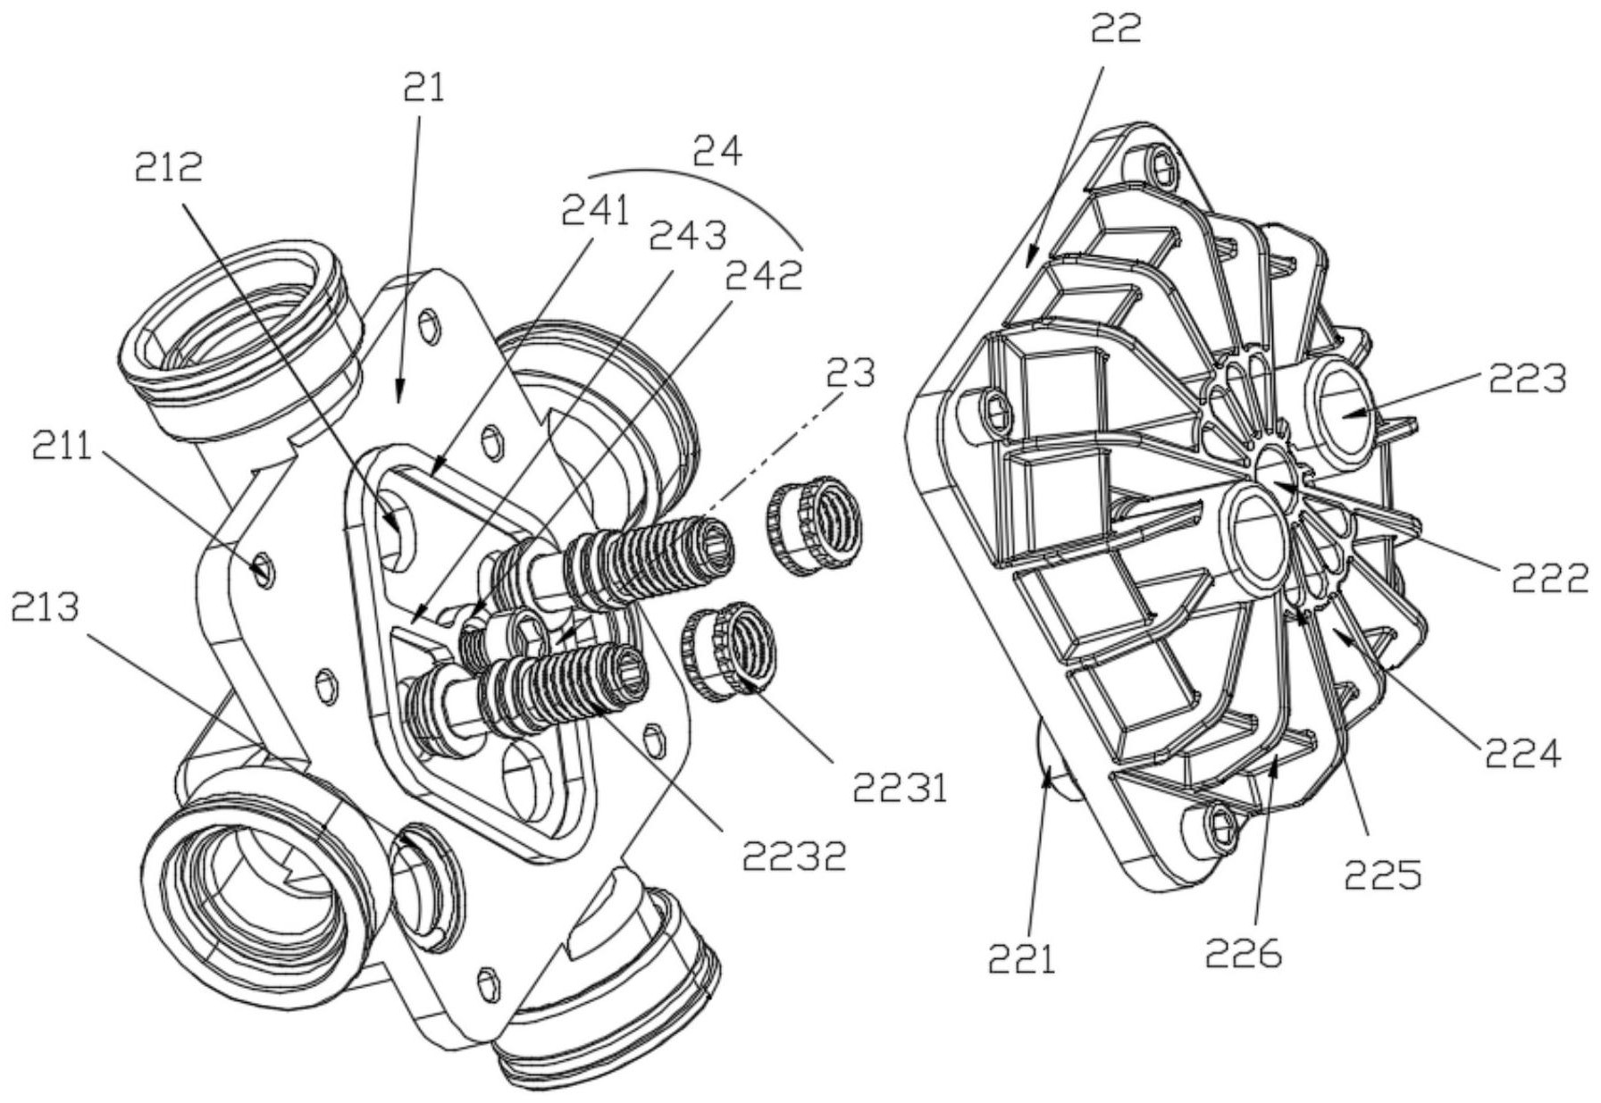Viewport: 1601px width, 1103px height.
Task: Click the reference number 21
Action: (x=424, y=88)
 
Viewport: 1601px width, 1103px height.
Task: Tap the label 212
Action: (x=169, y=166)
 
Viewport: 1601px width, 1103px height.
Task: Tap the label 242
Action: (x=764, y=275)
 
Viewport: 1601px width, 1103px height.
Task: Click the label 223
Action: (x=1527, y=379)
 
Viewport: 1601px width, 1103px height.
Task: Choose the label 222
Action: (x=1550, y=578)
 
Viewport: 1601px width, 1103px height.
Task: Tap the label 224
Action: (x=1523, y=753)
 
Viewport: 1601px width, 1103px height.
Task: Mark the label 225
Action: (x=1383, y=874)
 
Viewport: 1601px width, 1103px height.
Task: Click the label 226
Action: (x=1244, y=954)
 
